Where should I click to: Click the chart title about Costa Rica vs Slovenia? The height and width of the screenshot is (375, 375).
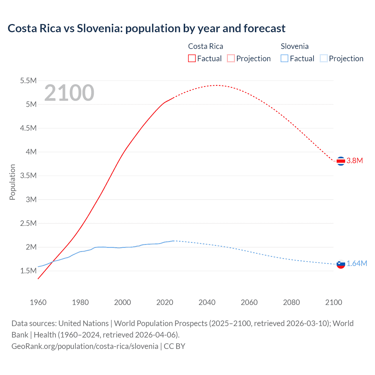(146, 28)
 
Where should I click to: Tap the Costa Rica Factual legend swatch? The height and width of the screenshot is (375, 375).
(192, 58)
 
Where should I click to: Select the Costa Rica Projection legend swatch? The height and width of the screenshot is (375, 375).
(231, 58)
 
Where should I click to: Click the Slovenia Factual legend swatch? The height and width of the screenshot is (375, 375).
(284, 58)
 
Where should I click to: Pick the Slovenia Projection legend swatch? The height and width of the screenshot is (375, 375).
(324, 58)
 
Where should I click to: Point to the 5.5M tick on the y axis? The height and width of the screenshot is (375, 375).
(28, 81)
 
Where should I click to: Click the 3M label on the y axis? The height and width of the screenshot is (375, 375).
(31, 200)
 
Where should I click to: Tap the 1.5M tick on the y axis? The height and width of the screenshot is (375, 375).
(28, 271)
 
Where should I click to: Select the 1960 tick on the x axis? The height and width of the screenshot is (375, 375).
(38, 302)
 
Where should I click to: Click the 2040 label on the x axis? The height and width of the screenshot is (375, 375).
(207, 302)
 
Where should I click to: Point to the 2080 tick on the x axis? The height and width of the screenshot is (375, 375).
(291, 302)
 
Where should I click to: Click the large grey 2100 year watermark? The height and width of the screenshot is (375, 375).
(69, 93)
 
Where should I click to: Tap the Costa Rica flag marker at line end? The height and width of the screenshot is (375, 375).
(341, 161)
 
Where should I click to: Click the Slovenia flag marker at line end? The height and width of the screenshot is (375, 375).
(341, 264)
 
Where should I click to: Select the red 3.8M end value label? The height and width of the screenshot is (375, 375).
(355, 161)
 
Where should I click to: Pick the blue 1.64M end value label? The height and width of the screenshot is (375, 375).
(357, 263)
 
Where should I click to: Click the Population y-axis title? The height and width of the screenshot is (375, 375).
(12, 182)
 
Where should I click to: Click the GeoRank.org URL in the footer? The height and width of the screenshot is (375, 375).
(85, 346)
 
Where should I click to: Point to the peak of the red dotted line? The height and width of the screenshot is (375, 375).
(216, 85)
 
